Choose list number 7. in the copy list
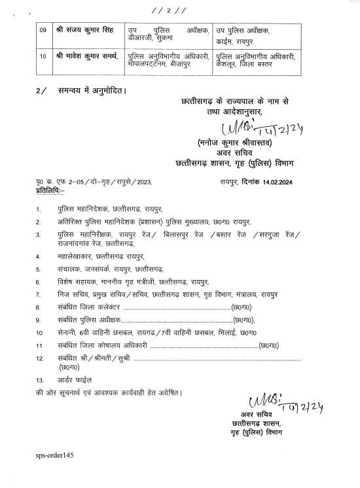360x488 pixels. coord(39,295)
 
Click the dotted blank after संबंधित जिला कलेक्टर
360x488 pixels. coord(173,307)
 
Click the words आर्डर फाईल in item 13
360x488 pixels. coord(75,380)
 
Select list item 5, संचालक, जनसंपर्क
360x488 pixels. coord(99,270)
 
